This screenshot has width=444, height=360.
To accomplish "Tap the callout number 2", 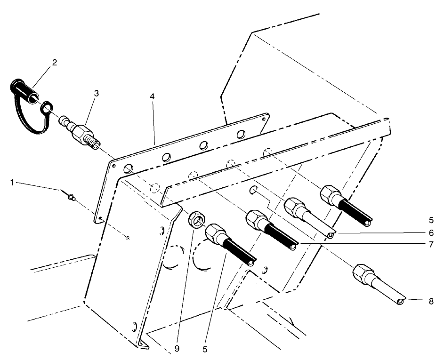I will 55,63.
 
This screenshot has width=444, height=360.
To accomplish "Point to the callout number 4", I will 152,96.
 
